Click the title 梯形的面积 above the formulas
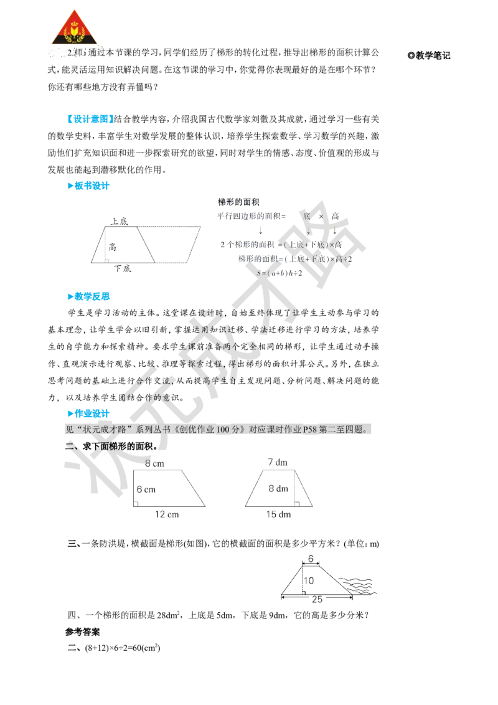240,202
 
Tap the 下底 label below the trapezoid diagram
123,268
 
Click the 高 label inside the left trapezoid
113,247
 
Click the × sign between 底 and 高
321,216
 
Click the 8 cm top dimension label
154,463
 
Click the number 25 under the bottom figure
317,599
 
